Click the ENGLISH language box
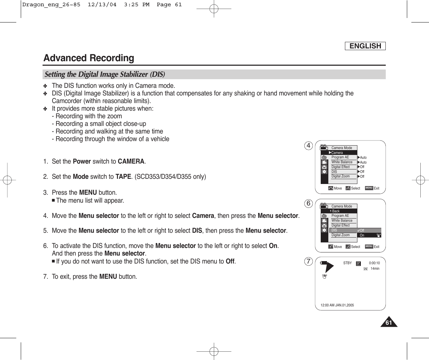pyautogui.click(x=365, y=46)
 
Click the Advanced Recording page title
pyautogui.click(x=89, y=58)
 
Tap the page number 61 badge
pyautogui.click(x=389, y=323)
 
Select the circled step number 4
pyautogui.click(x=308, y=146)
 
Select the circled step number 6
pyautogui.click(x=308, y=203)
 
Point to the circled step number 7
pyautogui.click(x=308, y=261)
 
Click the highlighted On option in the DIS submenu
pyautogui.click(x=369, y=235)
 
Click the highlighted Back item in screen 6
pyautogui.click(x=335, y=211)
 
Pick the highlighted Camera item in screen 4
pyautogui.click(x=337, y=153)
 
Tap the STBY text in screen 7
pyautogui.click(x=347, y=263)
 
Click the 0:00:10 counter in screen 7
pyautogui.click(x=374, y=263)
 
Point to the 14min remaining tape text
pyautogui.click(x=375, y=269)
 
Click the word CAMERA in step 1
pyautogui.click(x=131, y=161)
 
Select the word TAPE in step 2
pyautogui.click(x=123, y=177)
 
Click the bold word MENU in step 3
pyautogui.click(x=88, y=193)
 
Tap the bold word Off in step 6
pyautogui.click(x=230, y=261)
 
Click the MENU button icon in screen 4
pyautogui.click(x=369, y=188)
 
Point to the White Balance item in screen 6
pyautogui.click(x=342, y=221)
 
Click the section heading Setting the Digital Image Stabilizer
pyautogui.click(x=105, y=74)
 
